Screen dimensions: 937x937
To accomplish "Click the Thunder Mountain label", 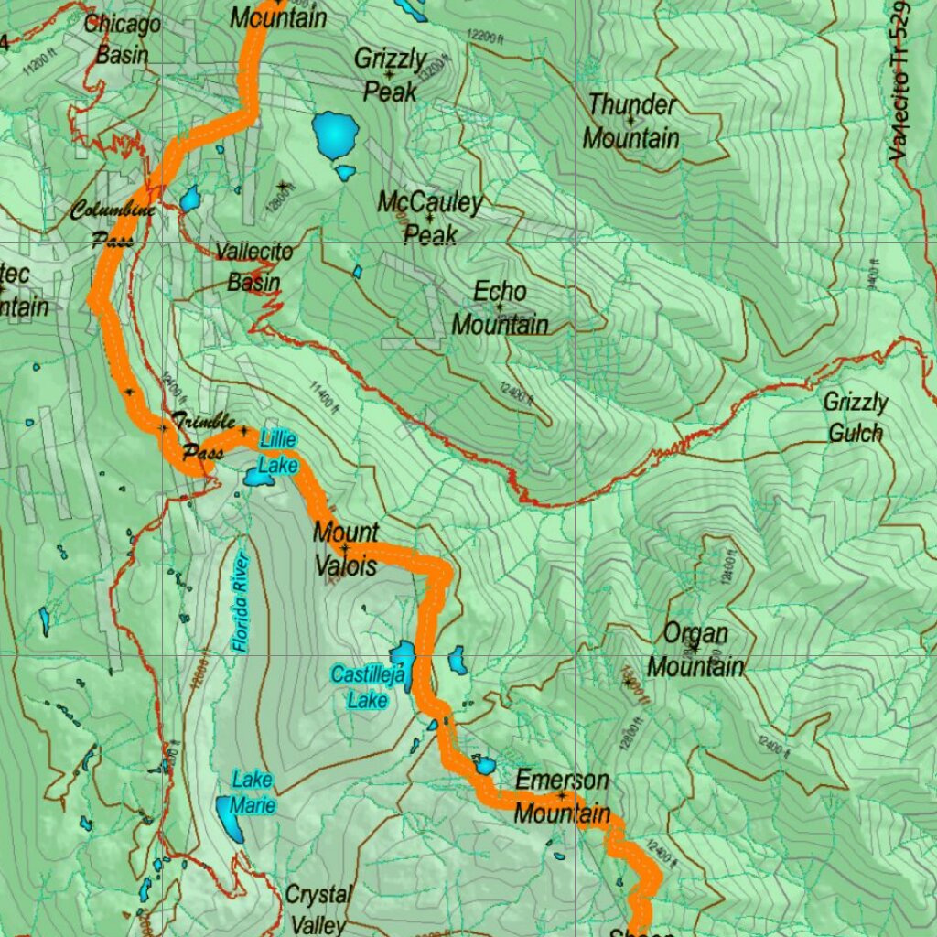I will coord(631,122).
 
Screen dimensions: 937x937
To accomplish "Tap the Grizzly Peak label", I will coord(391,75).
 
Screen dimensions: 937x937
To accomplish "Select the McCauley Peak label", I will coord(430,218).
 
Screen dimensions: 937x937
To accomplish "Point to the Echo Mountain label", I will coord(500,308).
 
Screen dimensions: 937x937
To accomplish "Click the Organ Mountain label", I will coord(695,650).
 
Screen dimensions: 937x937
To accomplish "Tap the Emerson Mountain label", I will coord(562,796).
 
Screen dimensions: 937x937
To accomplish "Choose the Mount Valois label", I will coord(345,548).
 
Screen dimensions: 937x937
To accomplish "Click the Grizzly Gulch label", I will coord(856,417).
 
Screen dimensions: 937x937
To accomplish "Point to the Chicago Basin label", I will coord(123,38).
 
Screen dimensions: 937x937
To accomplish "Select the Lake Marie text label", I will coord(252,792).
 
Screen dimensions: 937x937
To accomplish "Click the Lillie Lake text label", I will coord(277,452).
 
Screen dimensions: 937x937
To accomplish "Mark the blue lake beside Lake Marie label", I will coord(230,817).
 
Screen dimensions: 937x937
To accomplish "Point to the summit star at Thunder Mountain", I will coord(630,119).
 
